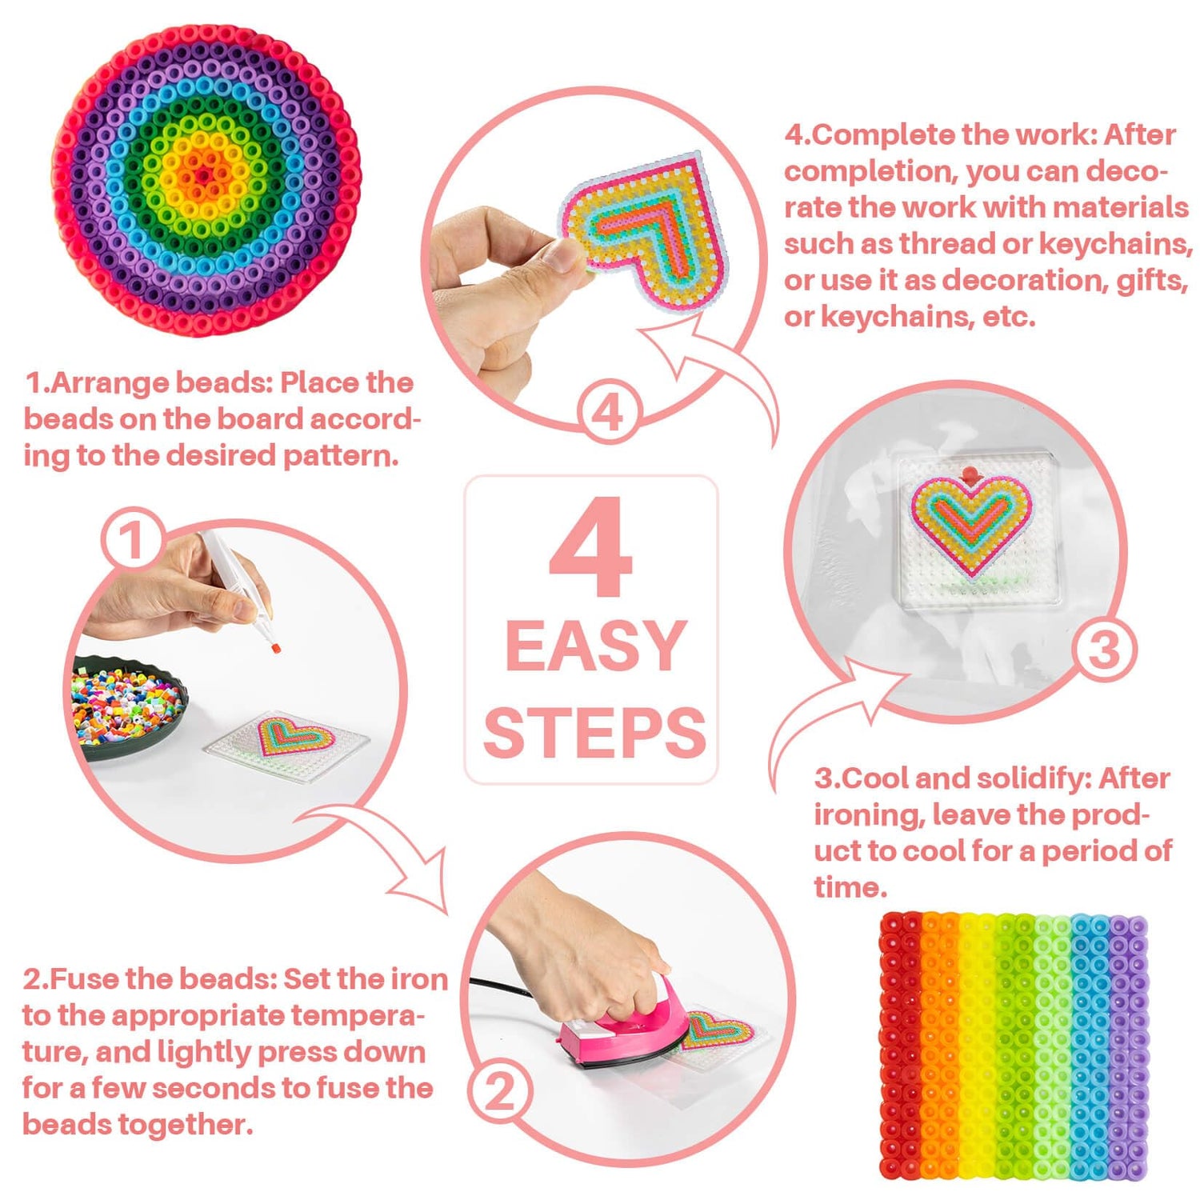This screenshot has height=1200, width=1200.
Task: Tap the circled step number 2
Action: pyautogui.click(x=501, y=1091)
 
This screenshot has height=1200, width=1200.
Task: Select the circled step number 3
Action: pyautogui.click(x=1104, y=650)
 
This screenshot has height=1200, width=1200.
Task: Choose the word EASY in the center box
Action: pyautogui.click(x=596, y=646)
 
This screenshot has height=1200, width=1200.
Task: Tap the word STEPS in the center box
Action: pyautogui.click(x=595, y=733)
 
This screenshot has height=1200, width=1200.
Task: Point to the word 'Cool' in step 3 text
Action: pyautogui.click(x=875, y=778)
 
